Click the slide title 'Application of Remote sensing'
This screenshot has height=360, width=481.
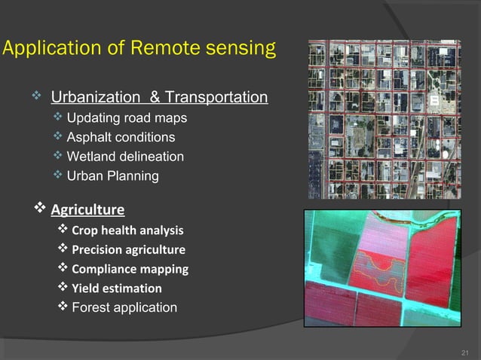(139, 50)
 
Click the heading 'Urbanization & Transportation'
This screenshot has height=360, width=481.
(159, 98)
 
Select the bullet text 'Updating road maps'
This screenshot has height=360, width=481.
(127, 118)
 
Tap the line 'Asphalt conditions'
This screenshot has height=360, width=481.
(121, 137)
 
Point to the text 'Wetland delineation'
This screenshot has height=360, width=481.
(125, 157)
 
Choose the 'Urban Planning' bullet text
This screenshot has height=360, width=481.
(112, 176)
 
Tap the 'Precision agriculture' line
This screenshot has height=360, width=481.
(128, 249)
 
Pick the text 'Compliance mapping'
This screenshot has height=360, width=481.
(130, 269)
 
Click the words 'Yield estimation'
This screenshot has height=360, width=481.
(116, 288)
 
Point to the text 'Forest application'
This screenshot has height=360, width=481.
(124, 307)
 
